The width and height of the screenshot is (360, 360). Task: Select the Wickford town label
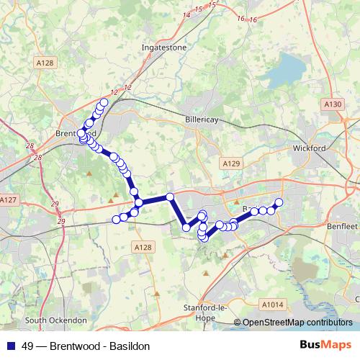[310, 148]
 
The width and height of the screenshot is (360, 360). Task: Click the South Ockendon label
[55, 320]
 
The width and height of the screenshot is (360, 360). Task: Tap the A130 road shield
[333, 104]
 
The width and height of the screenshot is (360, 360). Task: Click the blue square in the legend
[10, 346]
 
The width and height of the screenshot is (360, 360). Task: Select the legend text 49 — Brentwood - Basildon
[86, 346]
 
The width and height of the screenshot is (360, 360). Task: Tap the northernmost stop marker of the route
[104, 103]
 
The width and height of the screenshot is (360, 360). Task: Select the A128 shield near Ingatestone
[45, 63]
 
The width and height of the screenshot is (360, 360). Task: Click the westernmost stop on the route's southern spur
[116, 219]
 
